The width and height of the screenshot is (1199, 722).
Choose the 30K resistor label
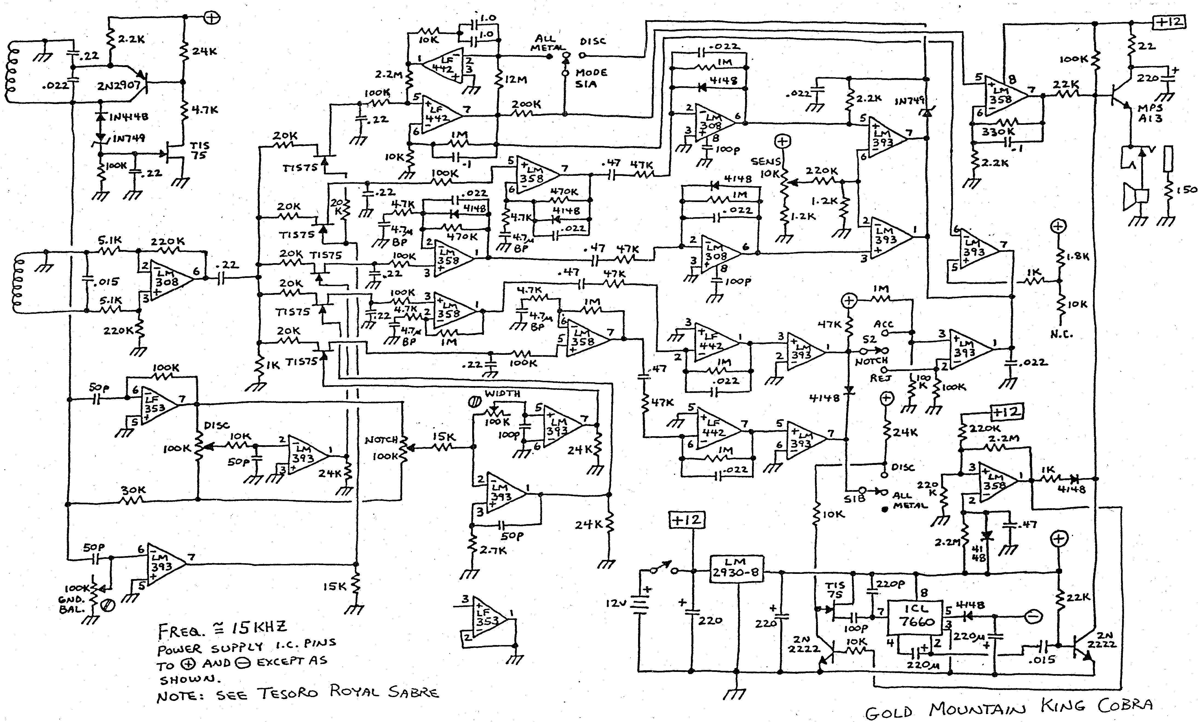[133, 490]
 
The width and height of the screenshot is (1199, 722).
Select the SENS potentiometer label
[765, 161]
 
